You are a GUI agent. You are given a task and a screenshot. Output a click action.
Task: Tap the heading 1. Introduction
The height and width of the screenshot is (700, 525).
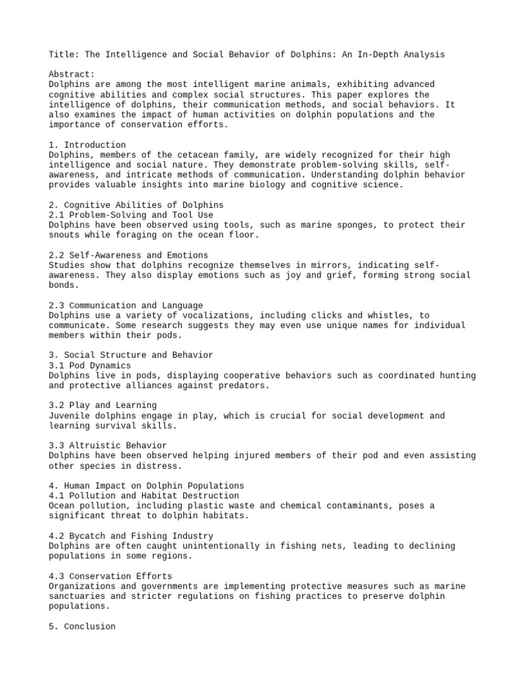click(87, 145)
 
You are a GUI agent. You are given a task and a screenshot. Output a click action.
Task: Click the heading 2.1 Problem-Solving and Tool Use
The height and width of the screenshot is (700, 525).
click(131, 215)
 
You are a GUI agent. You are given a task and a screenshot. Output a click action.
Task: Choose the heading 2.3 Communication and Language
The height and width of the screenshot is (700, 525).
click(126, 305)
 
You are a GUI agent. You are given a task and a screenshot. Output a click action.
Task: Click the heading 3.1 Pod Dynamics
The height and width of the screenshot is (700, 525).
click(91, 365)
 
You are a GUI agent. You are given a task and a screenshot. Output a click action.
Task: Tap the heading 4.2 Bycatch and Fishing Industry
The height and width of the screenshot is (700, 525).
click(131, 536)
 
